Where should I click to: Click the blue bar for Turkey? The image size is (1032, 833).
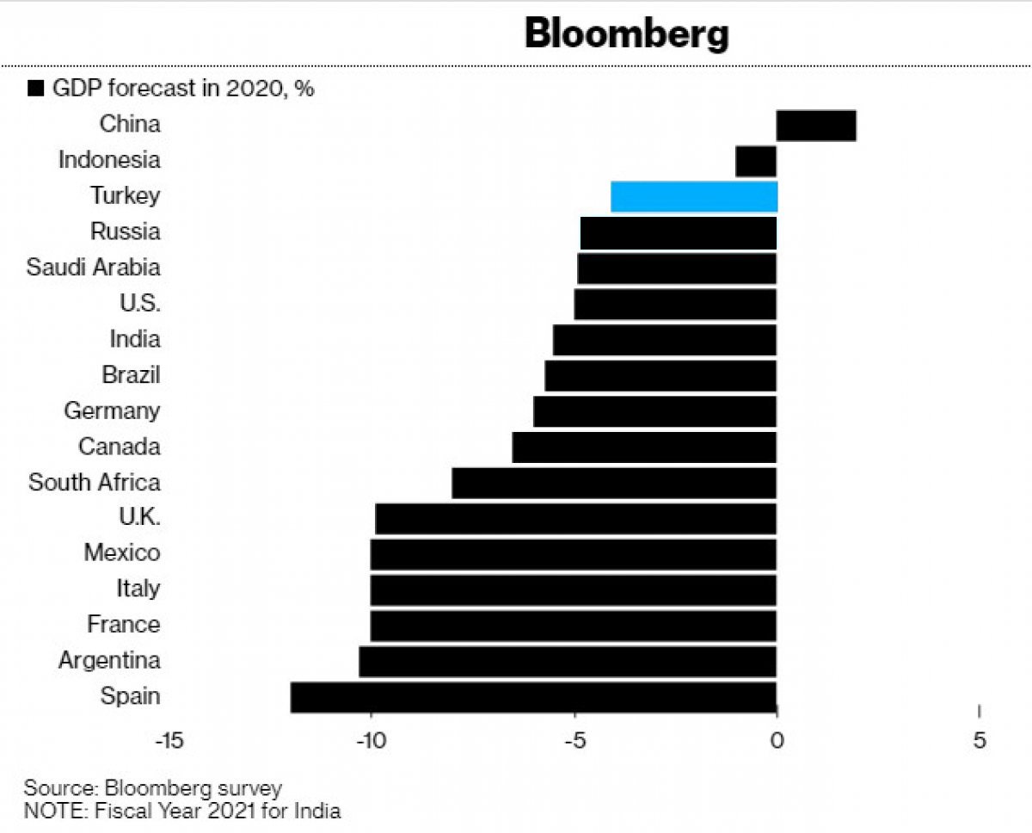[x=694, y=197]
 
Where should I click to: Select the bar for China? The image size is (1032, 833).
[x=816, y=126]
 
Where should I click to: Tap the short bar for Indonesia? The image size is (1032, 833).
[x=756, y=162]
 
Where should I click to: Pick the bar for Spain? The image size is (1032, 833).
[x=533, y=697]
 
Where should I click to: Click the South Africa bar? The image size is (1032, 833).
[x=614, y=484]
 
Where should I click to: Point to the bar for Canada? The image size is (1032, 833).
[x=644, y=447]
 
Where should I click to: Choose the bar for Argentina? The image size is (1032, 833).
[x=568, y=662]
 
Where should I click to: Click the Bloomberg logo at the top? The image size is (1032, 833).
[x=627, y=34]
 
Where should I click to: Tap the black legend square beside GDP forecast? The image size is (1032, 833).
[x=36, y=89]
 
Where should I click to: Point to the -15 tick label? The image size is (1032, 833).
[x=169, y=741]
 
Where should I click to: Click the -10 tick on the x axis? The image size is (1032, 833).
[x=372, y=741]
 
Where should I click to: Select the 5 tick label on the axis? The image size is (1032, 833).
[x=980, y=741]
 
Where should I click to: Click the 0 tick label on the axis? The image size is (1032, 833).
[x=777, y=741]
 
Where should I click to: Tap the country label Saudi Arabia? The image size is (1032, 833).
[x=93, y=268]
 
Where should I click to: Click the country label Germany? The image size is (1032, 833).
[x=112, y=411]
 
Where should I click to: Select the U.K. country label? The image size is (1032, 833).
[x=139, y=517]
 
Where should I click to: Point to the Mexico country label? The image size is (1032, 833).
[x=122, y=552]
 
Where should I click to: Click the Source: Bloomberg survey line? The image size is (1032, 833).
[x=152, y=788]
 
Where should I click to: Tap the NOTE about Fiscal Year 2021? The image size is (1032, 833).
[x=182, y=811]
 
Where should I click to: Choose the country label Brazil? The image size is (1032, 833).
[x=131, y=374]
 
